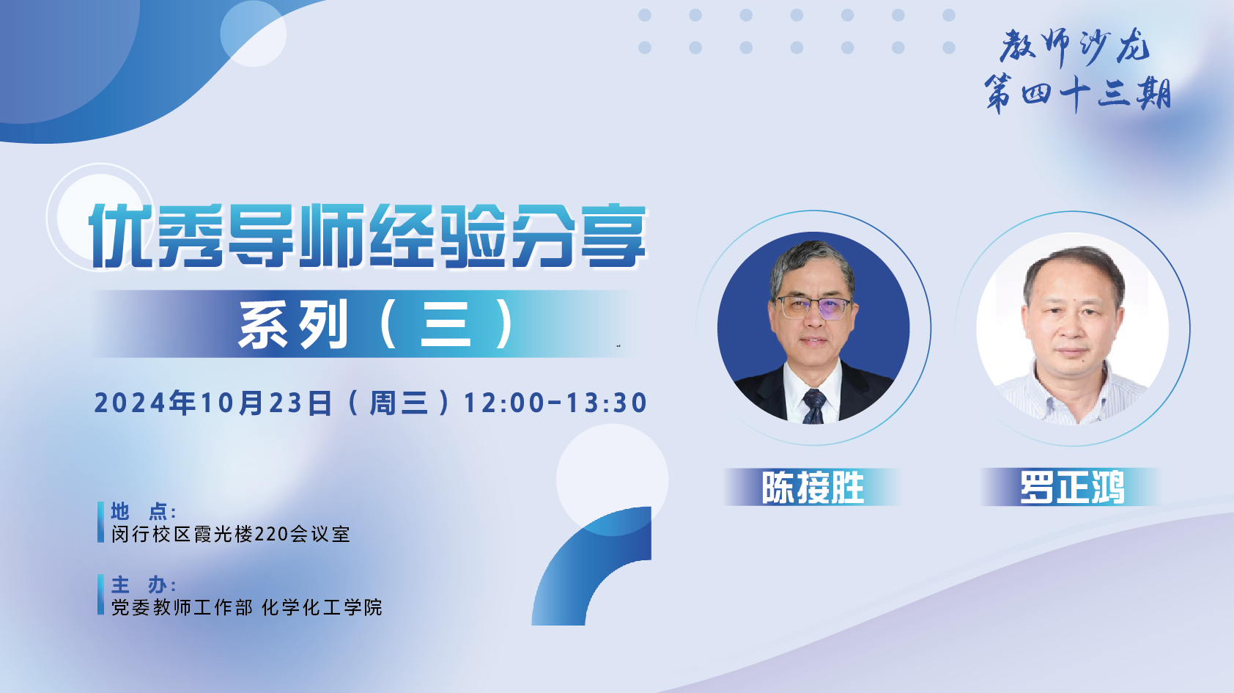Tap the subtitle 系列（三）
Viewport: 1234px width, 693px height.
377,324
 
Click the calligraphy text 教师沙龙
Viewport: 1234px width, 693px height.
1075,47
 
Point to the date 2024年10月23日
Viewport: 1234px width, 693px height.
214,403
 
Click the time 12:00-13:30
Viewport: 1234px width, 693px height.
556,403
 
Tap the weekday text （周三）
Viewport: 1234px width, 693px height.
399,403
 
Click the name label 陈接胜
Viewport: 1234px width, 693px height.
813,488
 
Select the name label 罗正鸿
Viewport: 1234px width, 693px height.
1072,488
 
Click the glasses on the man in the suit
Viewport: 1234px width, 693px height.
813,307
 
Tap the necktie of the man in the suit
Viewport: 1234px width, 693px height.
814,406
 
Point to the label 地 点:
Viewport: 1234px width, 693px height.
143,512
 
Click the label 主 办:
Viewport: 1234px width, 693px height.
143,584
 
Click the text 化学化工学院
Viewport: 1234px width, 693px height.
322,607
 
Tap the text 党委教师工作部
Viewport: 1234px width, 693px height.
182,607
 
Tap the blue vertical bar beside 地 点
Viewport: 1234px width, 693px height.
100,522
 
